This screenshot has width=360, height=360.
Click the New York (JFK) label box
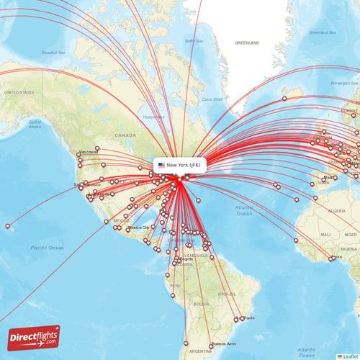[x=182, y=166]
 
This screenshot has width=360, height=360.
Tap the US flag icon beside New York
[x=162, y=166]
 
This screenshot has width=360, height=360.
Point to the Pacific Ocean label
[x=48, y=247]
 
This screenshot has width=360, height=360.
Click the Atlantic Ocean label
[x=243, y=210]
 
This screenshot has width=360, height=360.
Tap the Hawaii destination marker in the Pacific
[x=9, y=227]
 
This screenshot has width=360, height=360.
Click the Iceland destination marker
[x=284, y=99]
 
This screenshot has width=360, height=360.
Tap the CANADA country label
[x=125, y=135]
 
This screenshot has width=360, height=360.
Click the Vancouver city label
[x=89, y=153]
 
